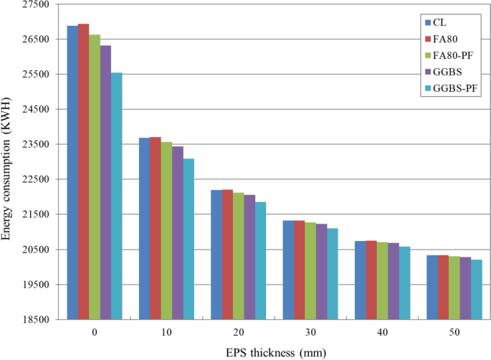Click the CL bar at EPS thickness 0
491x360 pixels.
point(72,172)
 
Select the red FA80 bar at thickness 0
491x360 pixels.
point(83,171)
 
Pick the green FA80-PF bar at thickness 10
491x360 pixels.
point(166,230)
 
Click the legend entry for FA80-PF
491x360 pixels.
point(453,55)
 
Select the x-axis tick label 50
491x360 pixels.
point(454,333)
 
